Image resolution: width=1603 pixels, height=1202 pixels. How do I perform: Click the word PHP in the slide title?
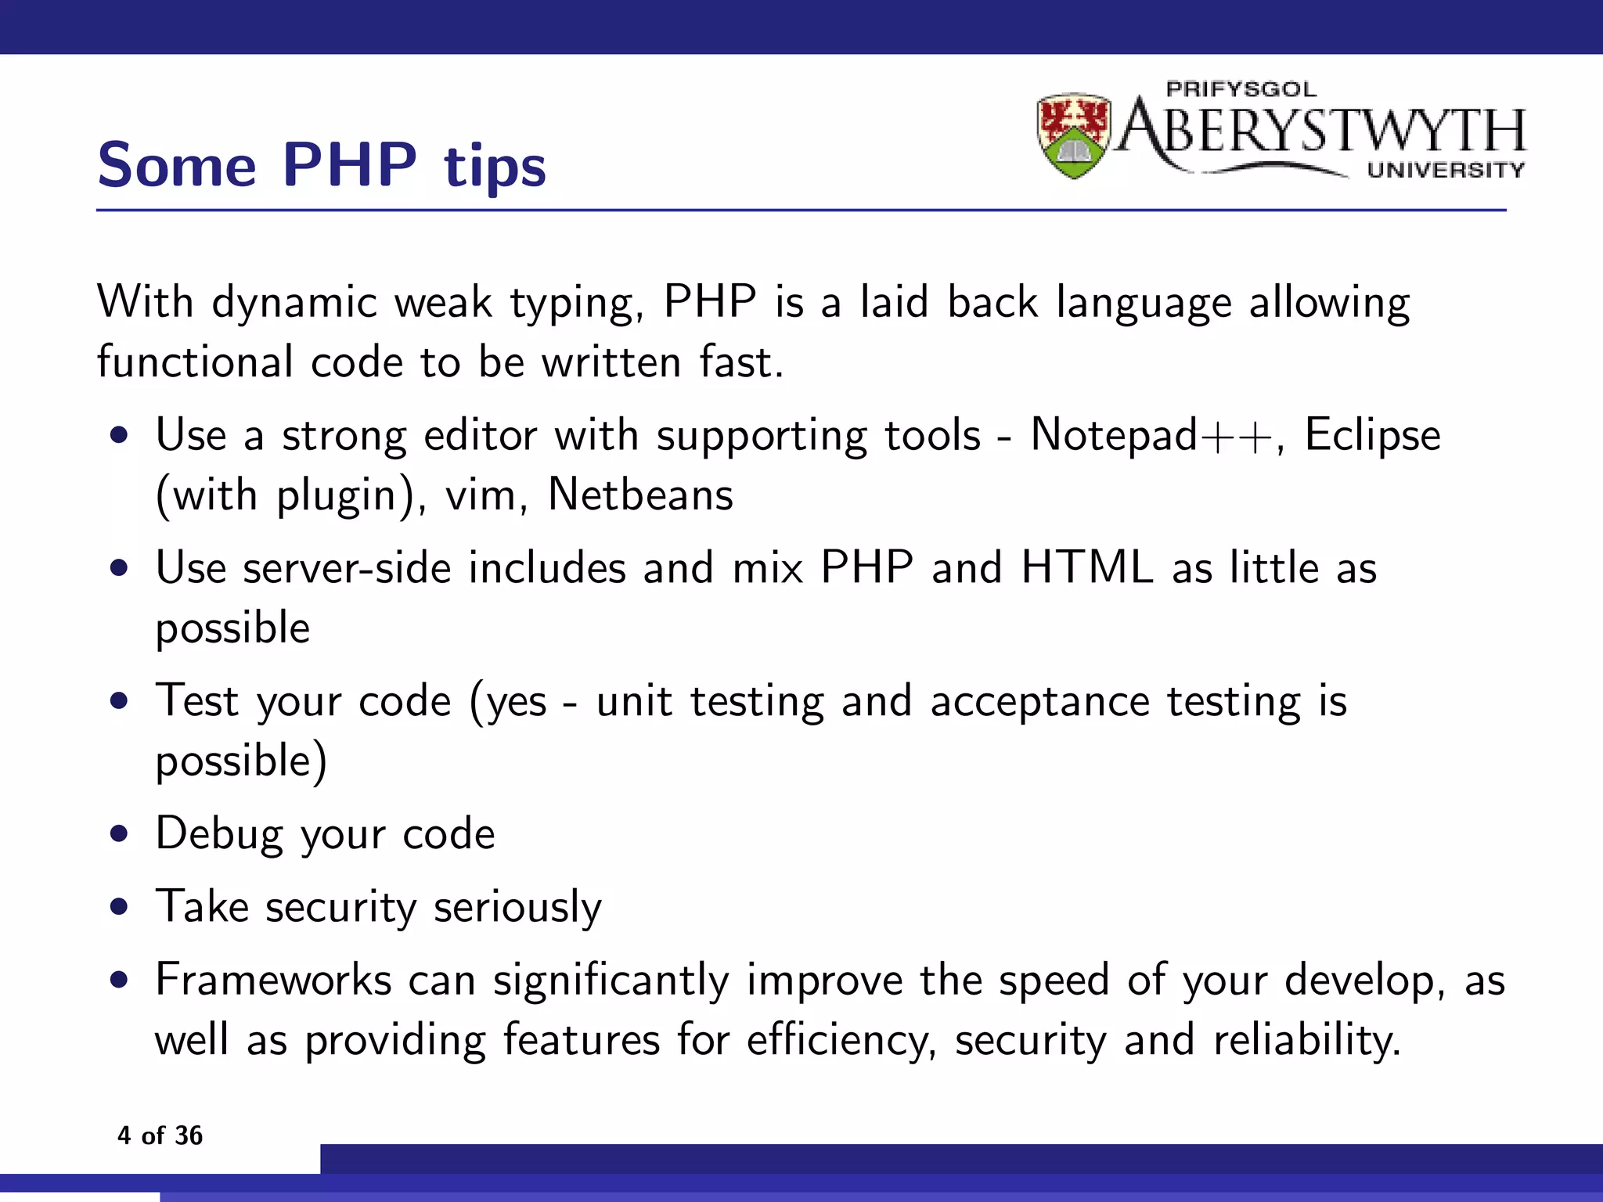click(x=349, y=165)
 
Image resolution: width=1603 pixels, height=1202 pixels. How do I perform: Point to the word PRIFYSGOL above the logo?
click(x=1241, y=89)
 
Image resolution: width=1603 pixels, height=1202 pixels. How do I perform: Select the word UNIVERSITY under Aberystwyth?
click(x=1446, y=170)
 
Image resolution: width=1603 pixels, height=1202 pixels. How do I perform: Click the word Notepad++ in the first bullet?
click(x=1152, y=435)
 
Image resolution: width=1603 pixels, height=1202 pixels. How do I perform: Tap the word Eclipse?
click(x=1372, y=436)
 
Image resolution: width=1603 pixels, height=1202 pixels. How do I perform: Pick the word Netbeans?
click(x=640, y=495)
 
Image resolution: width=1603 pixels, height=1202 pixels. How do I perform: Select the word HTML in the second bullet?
click(x=1087, y=567)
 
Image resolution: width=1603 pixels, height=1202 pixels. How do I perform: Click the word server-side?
click(x=347, y=568)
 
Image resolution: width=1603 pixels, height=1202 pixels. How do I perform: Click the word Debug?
click(x=219, y=834)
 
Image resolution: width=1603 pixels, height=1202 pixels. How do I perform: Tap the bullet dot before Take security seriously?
click(x=119, y=908)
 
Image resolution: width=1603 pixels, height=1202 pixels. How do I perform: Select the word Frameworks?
click(x=273, y=980)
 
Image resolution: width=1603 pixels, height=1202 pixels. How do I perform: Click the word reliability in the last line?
click(x=1306, y=1041)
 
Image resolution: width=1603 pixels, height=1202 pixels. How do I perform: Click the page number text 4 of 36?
click(x=160, y=1135)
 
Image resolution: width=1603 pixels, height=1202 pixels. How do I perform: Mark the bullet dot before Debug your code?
click(x=119, y=834)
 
